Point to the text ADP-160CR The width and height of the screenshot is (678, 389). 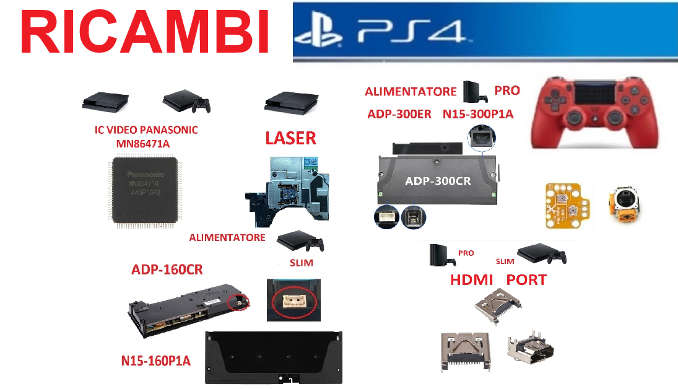(x=167, y=269)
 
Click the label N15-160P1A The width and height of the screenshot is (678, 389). (x=156, y=361)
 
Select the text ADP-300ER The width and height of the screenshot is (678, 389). (x=400, y=114)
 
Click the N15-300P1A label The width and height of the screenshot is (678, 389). (x=478, y=114)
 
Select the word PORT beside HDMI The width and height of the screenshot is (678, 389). (x=526, y=280)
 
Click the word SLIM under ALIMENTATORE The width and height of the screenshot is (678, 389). (x=302, y=263)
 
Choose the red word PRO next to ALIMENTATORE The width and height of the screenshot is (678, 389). (x=507, y=90)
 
